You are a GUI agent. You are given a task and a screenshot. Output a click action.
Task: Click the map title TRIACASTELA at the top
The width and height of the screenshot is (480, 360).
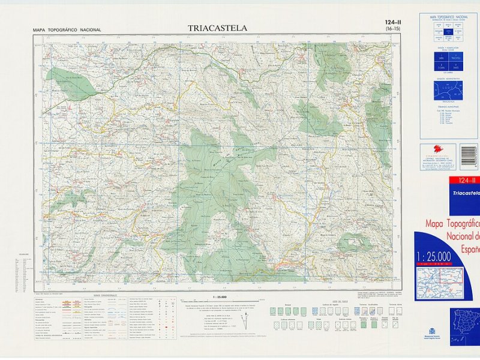click(217, 28)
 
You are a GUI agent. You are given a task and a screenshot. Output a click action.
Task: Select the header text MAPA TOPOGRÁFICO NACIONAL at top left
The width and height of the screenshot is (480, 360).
click(67, 30)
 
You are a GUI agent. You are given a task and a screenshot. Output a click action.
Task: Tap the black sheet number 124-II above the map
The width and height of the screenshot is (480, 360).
click(392, 23)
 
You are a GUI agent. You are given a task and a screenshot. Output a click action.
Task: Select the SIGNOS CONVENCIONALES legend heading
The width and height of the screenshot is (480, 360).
click(106, 296)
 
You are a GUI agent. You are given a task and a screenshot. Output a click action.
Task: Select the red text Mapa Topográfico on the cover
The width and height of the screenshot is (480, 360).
click(453, 224)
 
